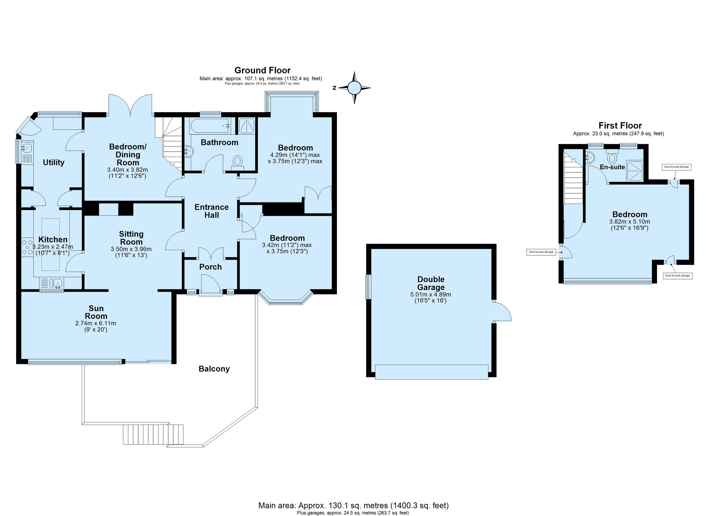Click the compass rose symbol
click(354, 88)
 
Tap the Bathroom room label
click(219, 143)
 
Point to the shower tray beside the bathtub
click(246, 126)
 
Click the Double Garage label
click(431, 283)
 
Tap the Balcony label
click(214, 369)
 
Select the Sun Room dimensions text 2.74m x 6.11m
click(95, 323)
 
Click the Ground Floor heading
click(263, 70)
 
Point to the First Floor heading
click(620, 125)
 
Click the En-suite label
click(612, 167)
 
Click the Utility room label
click(54, 163)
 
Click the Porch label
click(210, 267)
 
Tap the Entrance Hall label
click(211, 211)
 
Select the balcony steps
click(153, 434)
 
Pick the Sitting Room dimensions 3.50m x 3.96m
click(131, 249)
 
